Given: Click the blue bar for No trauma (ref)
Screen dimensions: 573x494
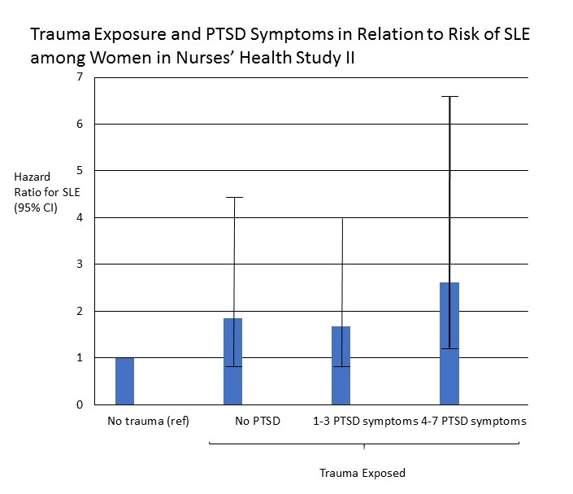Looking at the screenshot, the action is tap(124, 381).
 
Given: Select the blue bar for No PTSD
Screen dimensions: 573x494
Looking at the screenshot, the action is tap(232, 361).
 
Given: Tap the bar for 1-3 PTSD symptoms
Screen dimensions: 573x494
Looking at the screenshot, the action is tap(341, 365).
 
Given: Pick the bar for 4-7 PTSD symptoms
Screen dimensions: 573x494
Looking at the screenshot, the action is tap(449, 343).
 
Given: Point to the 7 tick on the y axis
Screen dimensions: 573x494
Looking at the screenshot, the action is tap(80, 77).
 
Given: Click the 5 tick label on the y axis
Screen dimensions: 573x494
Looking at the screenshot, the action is tap(80, 170).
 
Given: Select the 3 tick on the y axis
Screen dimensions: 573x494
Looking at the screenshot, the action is tap(80, 264).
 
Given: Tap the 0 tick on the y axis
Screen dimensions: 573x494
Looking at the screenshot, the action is tap(80, 404).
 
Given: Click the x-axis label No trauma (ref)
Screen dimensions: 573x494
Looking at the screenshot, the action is tap(148, 422).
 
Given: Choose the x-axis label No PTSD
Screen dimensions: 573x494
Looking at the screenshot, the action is tap(258, 421).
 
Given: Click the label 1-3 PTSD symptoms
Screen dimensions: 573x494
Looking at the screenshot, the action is tap(366, 422).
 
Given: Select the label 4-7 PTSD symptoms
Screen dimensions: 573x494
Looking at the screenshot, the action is tap(474, 422).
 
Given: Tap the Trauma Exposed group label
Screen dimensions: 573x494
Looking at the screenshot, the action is tap(362, 473).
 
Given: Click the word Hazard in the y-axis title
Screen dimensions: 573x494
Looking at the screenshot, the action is tap(33, 177).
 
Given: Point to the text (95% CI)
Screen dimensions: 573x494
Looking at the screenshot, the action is tap(36, 208).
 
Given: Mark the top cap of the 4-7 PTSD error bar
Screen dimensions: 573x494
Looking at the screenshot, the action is tap(449, 97).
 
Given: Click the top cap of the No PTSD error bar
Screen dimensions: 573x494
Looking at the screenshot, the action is tap(234, 197).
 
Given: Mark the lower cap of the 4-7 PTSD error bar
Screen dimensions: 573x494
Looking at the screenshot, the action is tap(449, 348).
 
